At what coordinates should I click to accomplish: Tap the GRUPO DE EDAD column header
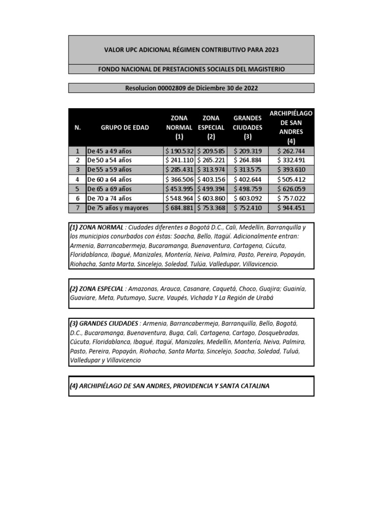point(125,127)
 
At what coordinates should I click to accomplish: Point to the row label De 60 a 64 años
point(110,179)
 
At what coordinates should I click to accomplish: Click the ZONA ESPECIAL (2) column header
point(211,127)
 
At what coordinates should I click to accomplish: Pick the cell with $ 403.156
point(211,179)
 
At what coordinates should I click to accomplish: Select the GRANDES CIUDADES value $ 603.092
point(247,198)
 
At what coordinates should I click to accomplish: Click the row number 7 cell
point(77,208)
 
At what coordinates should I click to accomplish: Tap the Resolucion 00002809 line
point(191,88)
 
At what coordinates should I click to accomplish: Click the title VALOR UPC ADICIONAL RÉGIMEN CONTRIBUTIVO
point(191,50)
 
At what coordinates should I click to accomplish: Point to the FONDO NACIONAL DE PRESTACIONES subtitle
point(191,69)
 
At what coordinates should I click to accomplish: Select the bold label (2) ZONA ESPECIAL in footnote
point(96,288)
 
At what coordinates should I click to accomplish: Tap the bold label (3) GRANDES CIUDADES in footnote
point(104,323)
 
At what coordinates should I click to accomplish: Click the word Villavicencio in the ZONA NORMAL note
point(256,264)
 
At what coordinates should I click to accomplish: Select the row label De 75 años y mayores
point(117,208)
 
